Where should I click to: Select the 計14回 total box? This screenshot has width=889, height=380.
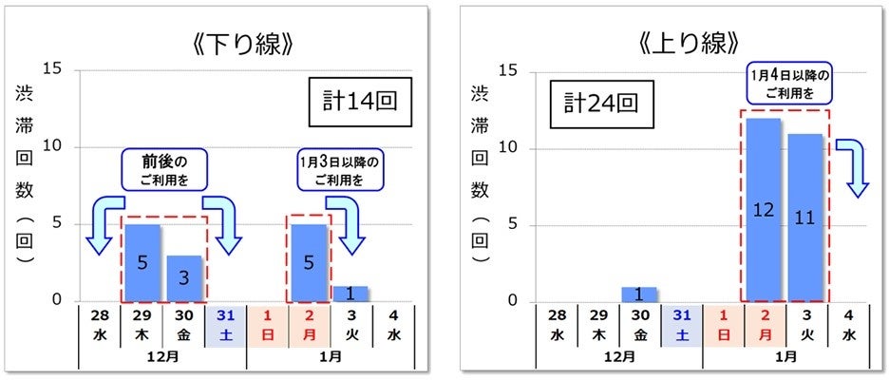[x=360, y=102]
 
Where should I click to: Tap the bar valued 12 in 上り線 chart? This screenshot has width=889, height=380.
[x=763, y=209]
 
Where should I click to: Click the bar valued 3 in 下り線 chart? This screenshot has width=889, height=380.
[x=184, y=277]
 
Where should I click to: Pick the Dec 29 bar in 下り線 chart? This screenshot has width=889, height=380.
[x=142, y=262]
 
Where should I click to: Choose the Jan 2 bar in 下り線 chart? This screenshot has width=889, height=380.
[x=309, y=262]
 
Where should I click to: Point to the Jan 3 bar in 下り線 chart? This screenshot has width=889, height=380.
[x=350, y=294]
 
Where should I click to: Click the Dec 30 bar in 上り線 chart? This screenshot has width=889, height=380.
[x=639, y=294]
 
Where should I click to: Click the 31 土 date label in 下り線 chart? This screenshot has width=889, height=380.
[x=225, y=322]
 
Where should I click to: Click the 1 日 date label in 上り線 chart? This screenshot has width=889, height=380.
[x=723, y=322]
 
